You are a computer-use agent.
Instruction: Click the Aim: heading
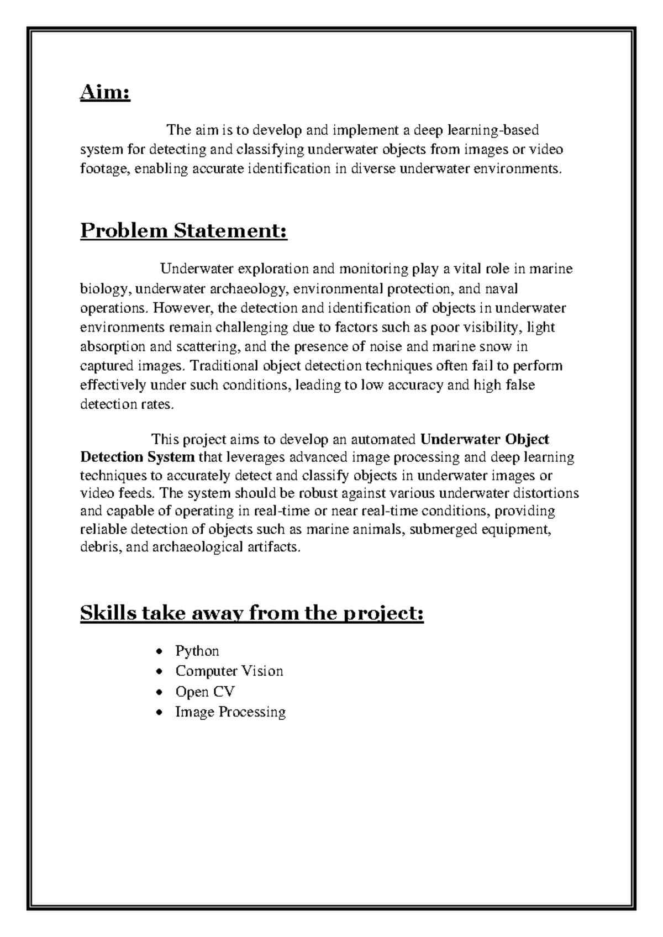(105, 93)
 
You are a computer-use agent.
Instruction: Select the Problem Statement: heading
(184, 230)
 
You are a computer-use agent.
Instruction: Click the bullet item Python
(197, 651)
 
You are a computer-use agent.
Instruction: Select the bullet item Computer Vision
(229, 671)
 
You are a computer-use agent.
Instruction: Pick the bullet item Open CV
(205, 692)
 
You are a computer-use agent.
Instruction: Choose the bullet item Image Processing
(230, 712)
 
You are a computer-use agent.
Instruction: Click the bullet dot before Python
(160, 652)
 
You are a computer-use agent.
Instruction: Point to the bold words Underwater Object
(485, 439)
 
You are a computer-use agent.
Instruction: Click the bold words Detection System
(137, 457)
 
